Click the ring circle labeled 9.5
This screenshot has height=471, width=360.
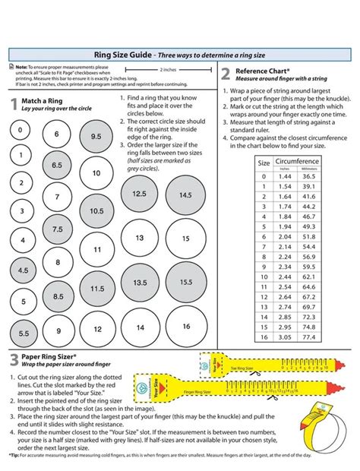[x=96, y=137]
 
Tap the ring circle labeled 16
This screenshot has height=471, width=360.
[x=185, y=326]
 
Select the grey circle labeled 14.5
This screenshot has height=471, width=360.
[x=185, y=195]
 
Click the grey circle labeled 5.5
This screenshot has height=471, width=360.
[x=24, y=333]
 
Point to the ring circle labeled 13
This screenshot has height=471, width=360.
[x=140, y=238]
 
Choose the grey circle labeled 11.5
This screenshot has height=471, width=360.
[x=96, y=289]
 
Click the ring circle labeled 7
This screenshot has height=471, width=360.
[x=57, y=196]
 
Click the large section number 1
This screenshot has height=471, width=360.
[x=14, y=105]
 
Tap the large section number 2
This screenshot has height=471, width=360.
[x=226, y=74]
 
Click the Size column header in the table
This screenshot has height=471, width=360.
[x=264, y=163]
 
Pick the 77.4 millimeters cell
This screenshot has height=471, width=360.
[x=309, y=336]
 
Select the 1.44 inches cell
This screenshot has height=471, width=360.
[x=284, y=176]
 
